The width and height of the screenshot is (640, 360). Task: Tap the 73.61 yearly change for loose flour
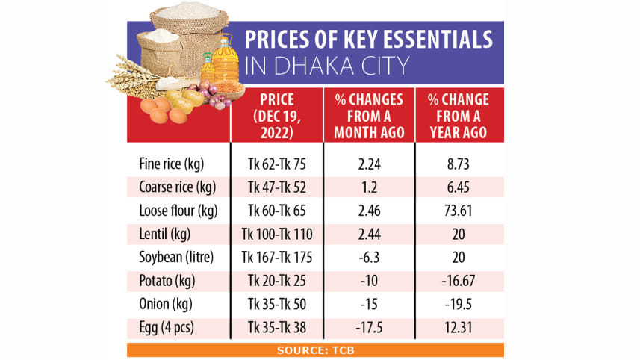coord(457,211)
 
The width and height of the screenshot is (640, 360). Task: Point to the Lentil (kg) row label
coord(165,235)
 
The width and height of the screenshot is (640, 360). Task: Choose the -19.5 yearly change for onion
coord(457,305)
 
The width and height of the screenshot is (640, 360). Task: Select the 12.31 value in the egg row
coord(457,328)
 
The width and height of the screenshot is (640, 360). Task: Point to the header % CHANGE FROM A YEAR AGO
coord(457,116)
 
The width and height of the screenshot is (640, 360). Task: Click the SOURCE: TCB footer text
coord(314,350)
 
